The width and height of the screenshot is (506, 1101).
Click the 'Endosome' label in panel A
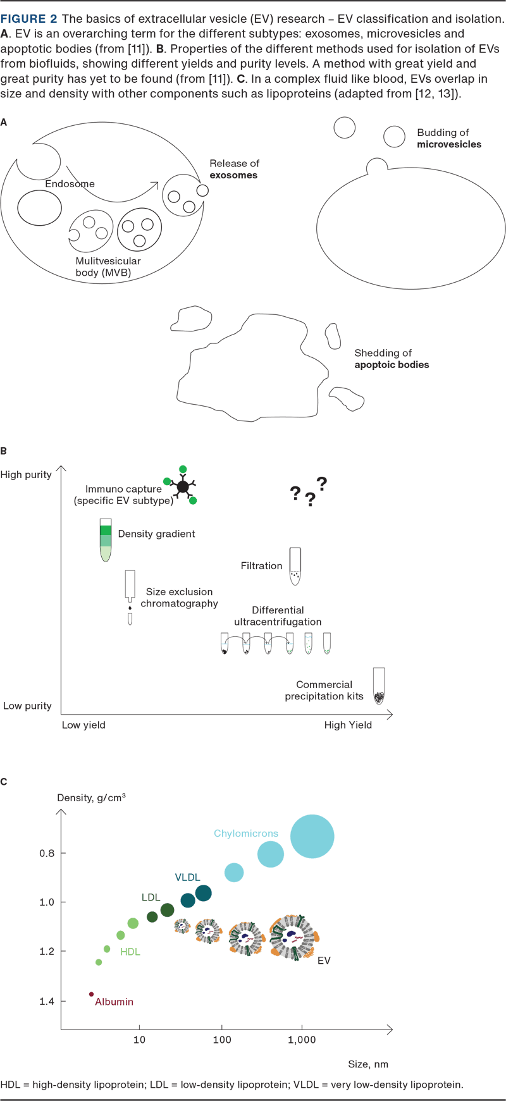[70, 184]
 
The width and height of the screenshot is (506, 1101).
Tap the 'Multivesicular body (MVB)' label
[108, 267]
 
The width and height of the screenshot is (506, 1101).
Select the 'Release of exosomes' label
[234, 169]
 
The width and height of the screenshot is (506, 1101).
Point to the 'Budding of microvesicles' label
[448, 138]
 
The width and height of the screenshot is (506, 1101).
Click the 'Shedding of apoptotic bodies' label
[391, 359]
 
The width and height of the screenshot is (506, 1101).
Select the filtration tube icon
[295, 566]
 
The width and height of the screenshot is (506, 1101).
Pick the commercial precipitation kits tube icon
[378, 686]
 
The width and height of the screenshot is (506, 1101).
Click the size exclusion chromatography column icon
[130, 597]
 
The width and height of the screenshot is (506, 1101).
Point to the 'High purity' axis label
[26, 475]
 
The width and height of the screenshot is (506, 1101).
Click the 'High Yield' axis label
[348, 725]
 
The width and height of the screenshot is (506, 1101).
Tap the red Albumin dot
[92, 994]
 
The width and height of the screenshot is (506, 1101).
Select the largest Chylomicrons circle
[312, 836]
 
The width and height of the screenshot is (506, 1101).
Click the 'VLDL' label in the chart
[187, 877]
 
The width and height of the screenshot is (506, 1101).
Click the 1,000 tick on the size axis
[302, 1040]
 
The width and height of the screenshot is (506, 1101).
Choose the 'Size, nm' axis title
[367, 1064]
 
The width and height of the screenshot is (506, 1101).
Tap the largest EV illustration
[293, 937]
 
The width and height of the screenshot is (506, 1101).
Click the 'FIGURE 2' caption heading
[28, 19]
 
